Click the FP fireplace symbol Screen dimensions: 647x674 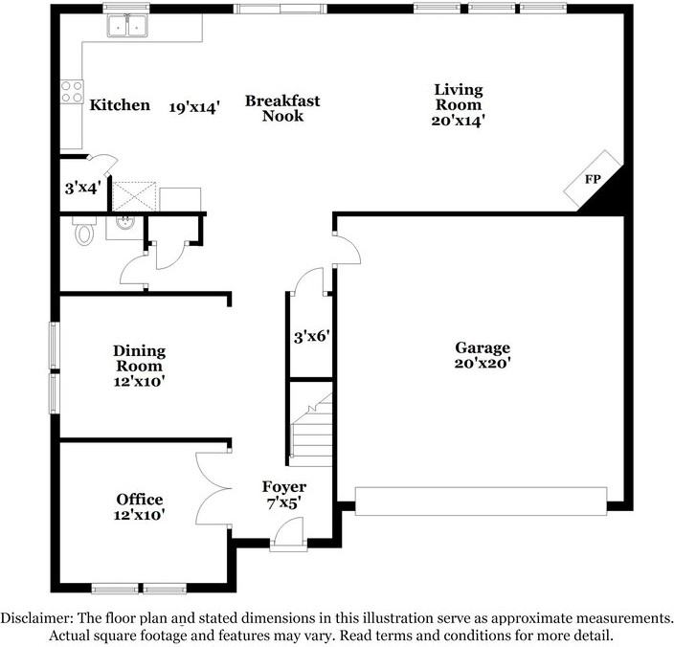(593, 178)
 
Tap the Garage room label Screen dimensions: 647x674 (482, 348)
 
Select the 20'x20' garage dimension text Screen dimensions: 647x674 (482, 363)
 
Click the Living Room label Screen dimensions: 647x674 (459, 98)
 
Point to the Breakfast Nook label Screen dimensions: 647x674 (281, 108)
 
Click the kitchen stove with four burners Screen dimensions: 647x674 (72, 91)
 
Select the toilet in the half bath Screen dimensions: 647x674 (83, 231)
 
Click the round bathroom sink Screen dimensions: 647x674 (124, 225)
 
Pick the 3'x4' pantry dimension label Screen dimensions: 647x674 (82, 189)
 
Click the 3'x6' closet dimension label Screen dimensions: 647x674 (311, 336)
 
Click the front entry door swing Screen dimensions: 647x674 (288, 531)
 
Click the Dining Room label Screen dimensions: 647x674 (139, 358)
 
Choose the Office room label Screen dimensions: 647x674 (139, 500)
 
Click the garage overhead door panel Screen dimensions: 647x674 (481, 501)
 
